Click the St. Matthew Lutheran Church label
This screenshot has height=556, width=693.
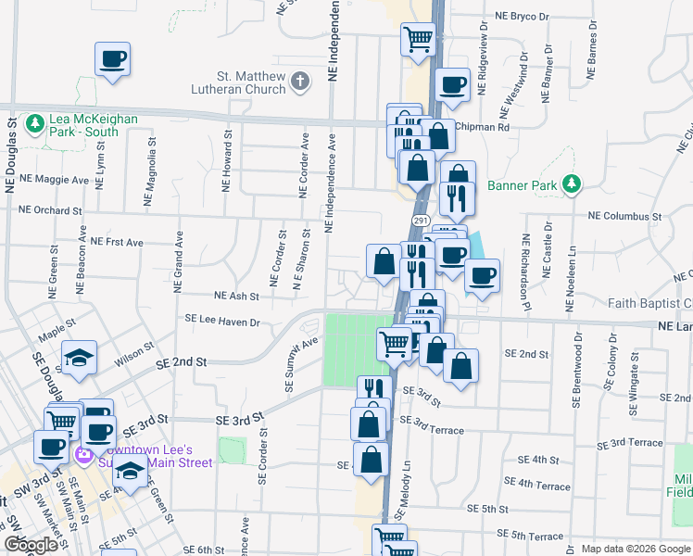click(237, 82)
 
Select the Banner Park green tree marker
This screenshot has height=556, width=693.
click(573, 184)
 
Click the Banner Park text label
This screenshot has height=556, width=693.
click(523, 185)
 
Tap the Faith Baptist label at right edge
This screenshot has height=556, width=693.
click(649, 303)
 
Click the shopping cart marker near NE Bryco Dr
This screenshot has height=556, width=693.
click(418, 40)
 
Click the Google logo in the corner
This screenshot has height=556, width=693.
click(31, 545)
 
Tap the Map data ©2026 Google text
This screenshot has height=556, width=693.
click(635, 549)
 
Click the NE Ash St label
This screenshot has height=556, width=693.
click(236, 296)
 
